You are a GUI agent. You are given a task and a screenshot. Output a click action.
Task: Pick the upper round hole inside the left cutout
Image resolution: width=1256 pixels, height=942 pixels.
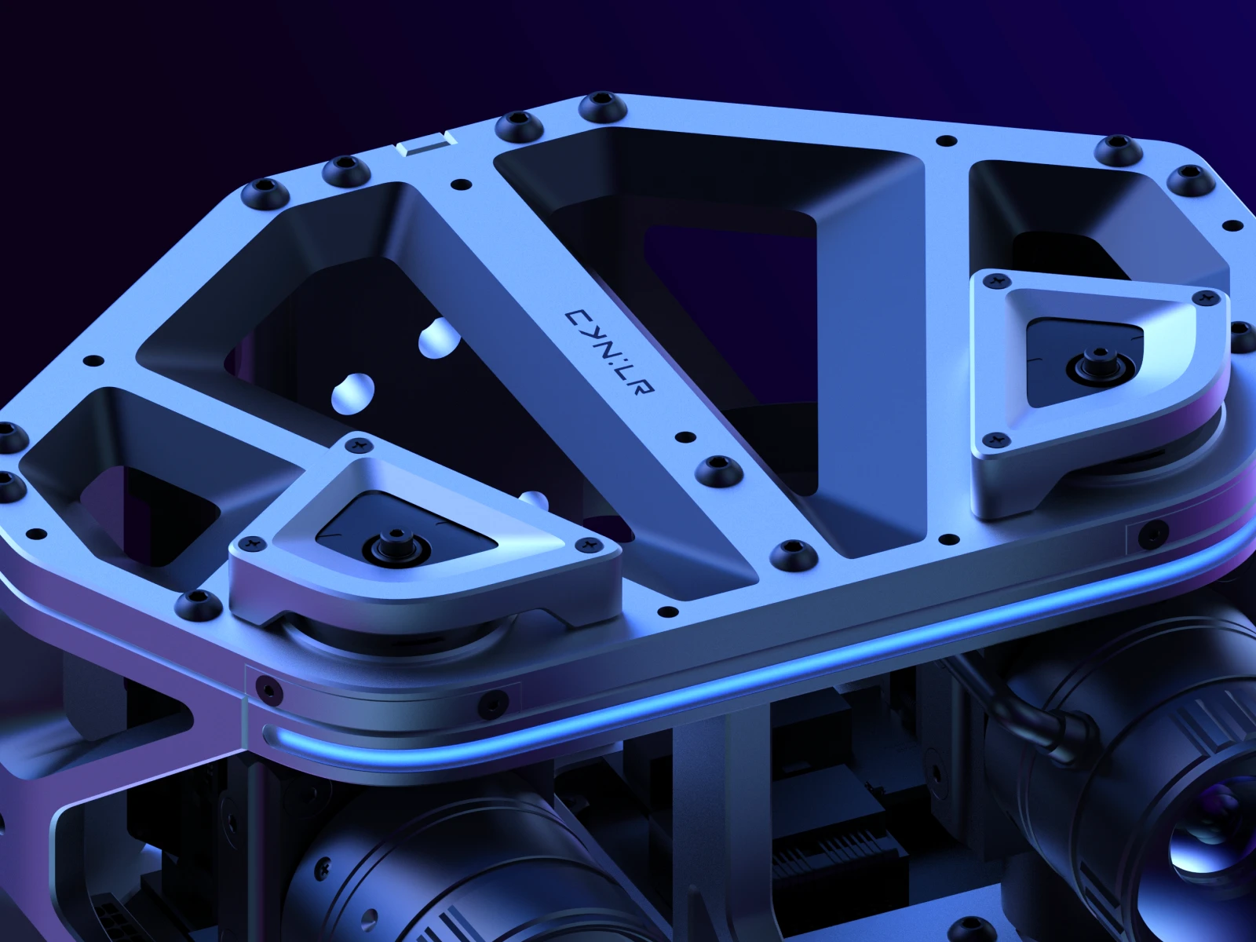(x=440, y=338)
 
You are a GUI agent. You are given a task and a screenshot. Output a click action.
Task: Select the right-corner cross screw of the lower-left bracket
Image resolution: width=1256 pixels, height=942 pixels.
(x=584, y=545)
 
